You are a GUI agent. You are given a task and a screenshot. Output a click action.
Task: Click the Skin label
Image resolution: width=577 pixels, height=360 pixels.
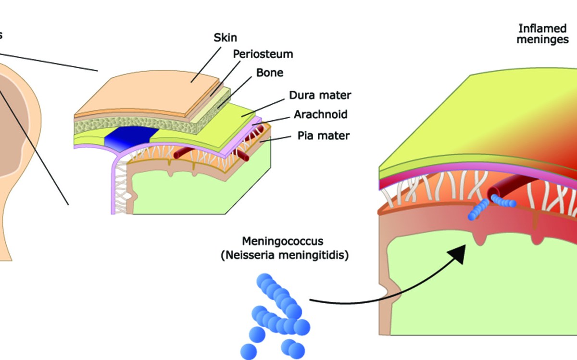point(225,37)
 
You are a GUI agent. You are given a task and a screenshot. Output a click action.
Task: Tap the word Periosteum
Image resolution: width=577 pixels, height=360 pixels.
point(263,54)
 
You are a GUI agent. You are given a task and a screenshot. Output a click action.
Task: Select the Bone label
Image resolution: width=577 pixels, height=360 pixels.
point(269,73)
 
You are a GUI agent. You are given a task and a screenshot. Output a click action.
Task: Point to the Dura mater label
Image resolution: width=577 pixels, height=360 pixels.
point(320,95)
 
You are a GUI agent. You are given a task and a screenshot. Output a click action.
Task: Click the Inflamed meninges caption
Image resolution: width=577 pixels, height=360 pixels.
point(542,34)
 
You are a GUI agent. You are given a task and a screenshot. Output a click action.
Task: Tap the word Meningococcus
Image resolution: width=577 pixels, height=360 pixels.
point(283,241)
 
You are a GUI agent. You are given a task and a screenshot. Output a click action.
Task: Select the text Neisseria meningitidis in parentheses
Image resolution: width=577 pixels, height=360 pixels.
point(285,256)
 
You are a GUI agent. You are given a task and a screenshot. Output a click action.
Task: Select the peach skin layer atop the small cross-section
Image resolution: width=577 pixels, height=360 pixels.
point(144,94)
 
